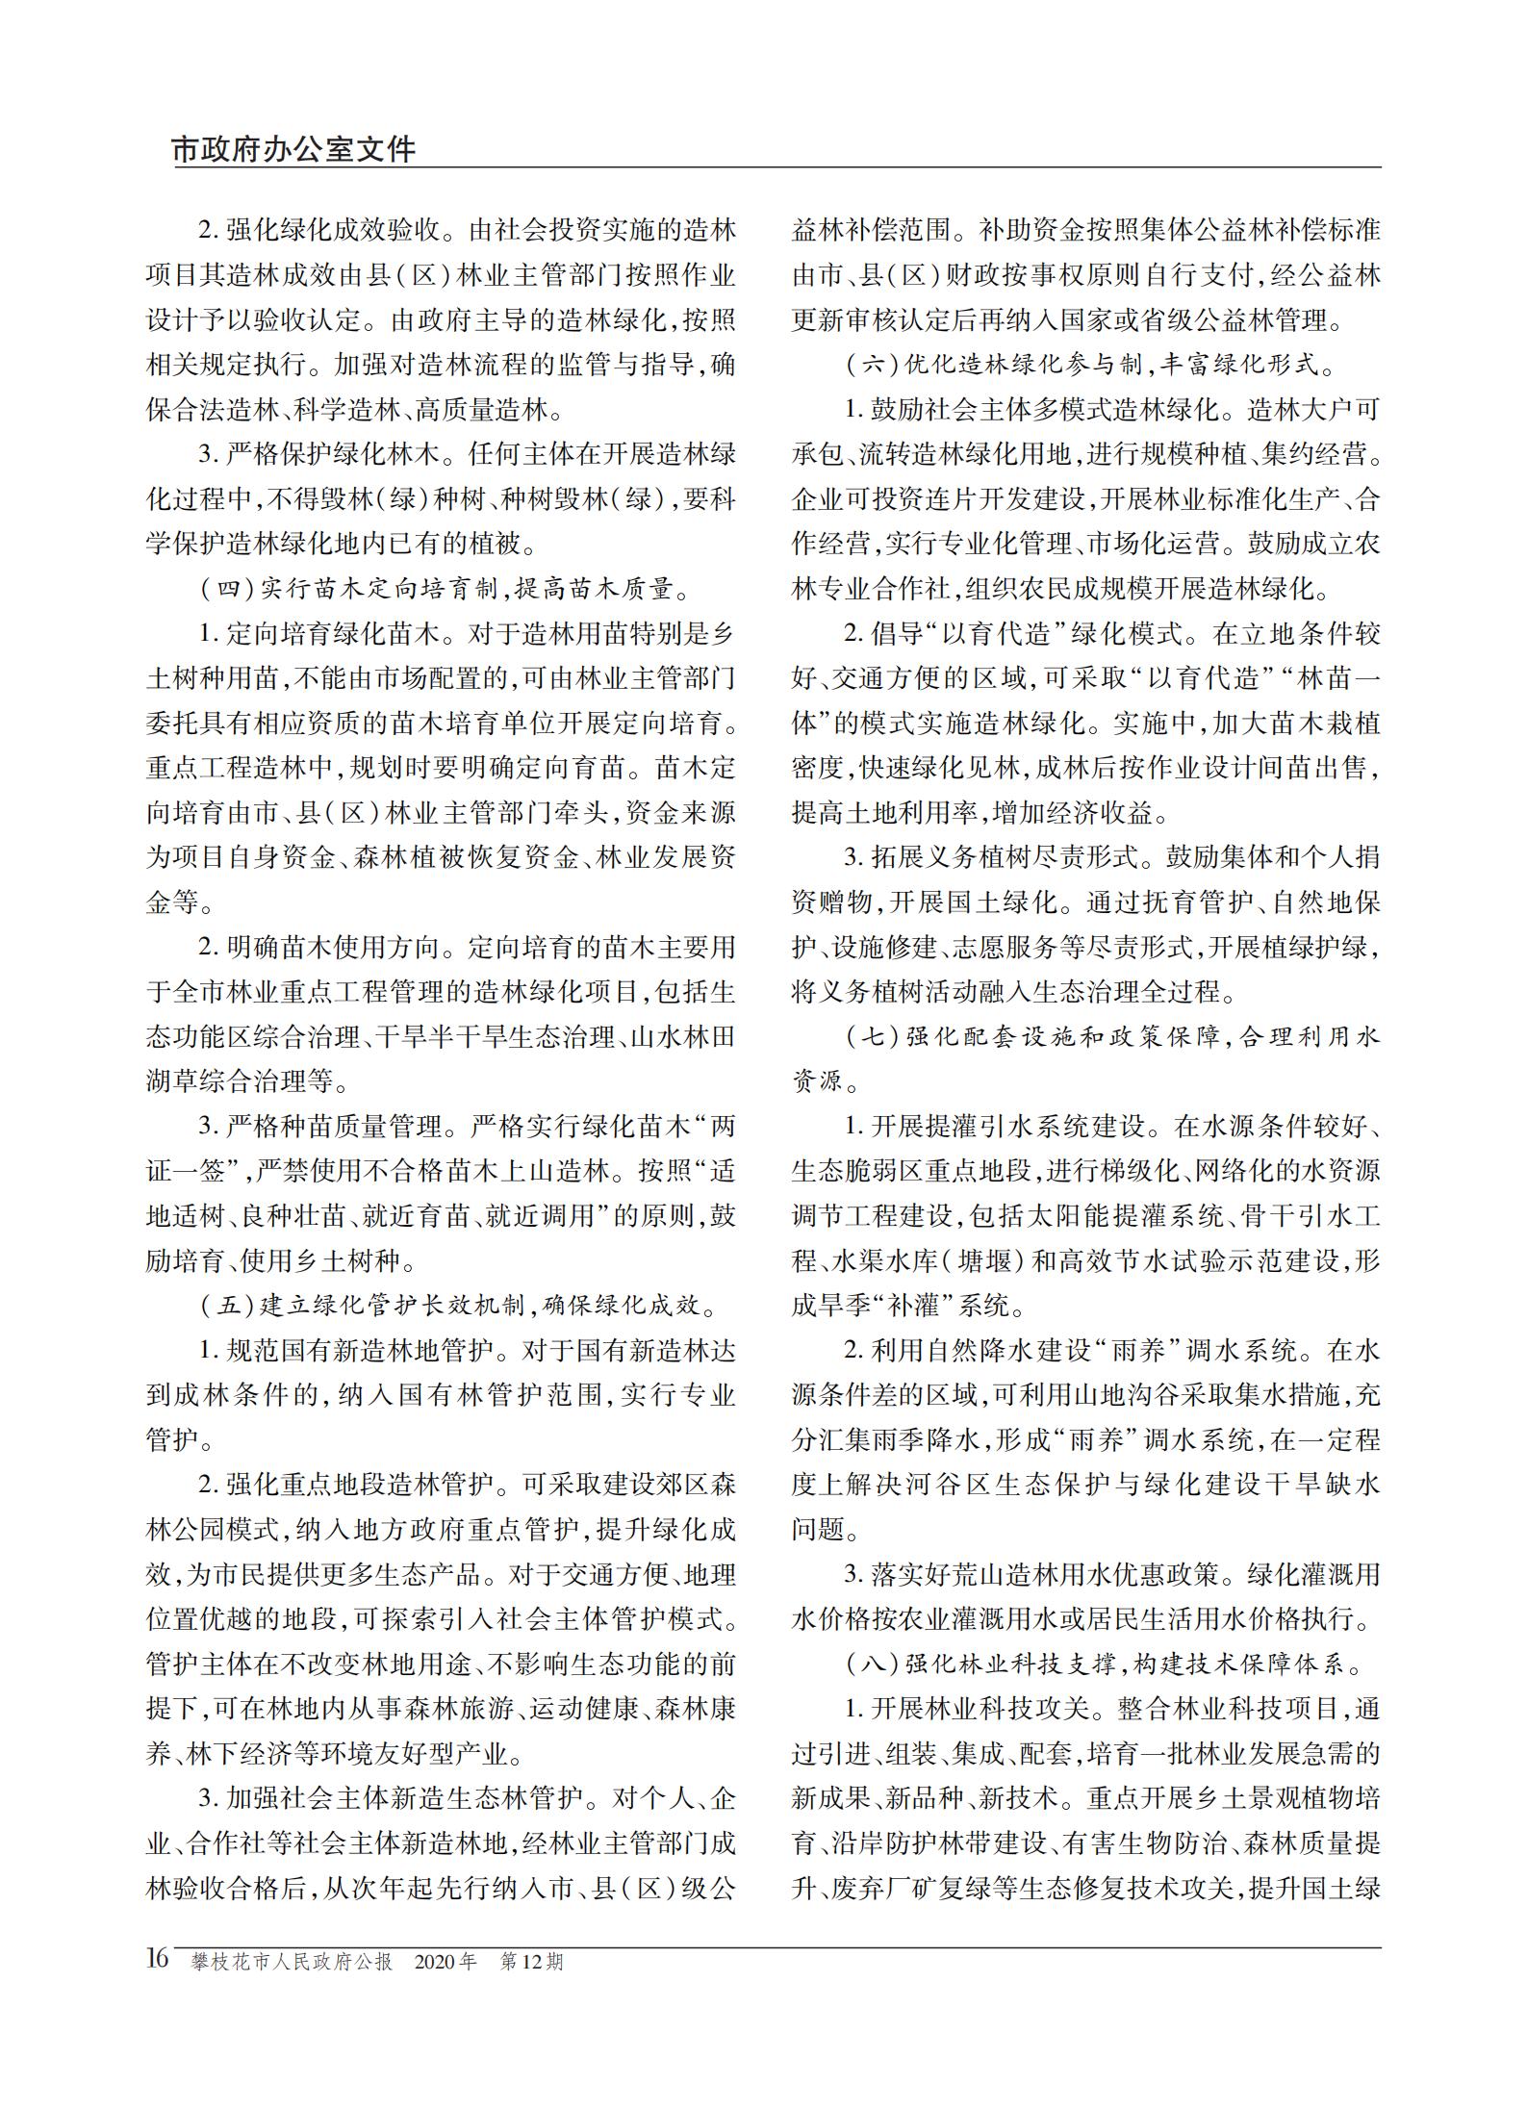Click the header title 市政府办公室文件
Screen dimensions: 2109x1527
click(x=293, y=149)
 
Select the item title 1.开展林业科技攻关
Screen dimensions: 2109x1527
click(x=968, y=1709)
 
